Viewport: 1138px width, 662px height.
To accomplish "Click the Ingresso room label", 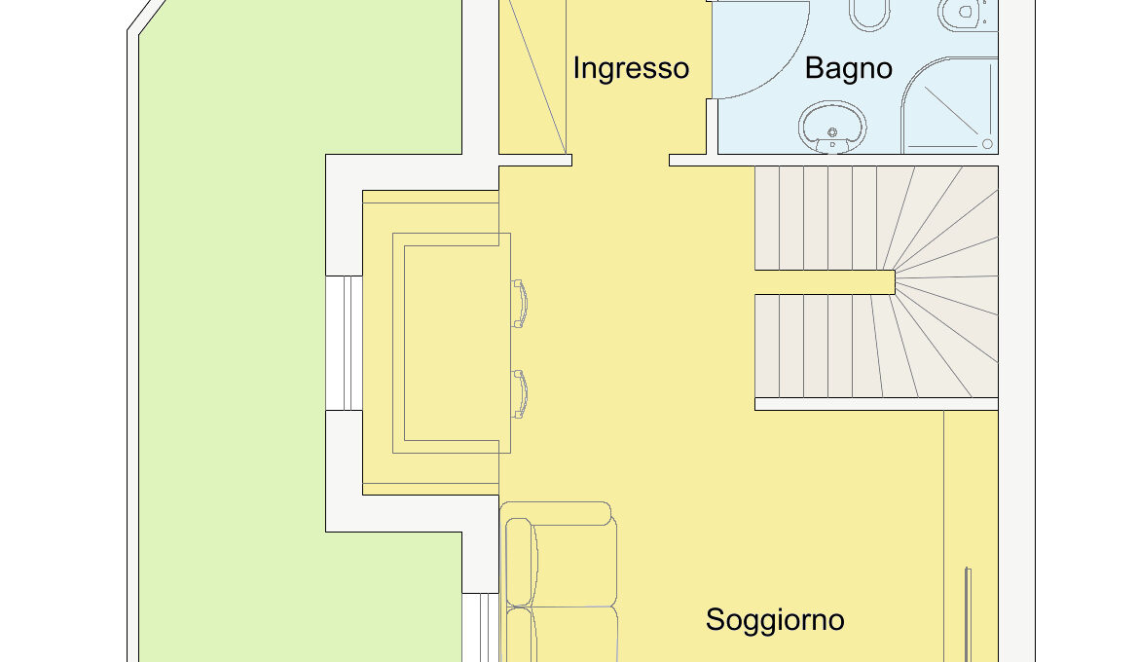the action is click(x=631, y=69).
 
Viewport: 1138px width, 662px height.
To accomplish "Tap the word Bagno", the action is click(x=849, y=69).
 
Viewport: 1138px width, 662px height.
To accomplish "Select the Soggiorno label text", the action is click(x=775, y=620).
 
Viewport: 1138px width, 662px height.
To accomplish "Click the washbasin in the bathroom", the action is click(x=832, y=127).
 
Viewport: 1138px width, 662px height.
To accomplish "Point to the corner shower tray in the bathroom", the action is click(x=949, y=106).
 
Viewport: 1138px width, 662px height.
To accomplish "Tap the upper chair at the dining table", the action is click(x=519, y=304).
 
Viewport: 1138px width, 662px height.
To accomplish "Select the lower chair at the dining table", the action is click(x=519, y=394).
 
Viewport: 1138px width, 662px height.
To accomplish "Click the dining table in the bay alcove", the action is click(x=452, y=344).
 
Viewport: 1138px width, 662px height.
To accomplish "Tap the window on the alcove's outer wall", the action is click(x=344, y=344).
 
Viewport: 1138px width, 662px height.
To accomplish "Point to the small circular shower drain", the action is click(x=987, y=144).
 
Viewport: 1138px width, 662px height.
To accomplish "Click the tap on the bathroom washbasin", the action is click(x=832, y=132).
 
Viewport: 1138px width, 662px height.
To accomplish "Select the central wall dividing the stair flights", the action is click(x=826, y=281).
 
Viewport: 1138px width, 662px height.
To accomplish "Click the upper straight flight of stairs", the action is click(x=816, y=218).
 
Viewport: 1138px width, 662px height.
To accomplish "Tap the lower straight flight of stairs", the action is click(x=816, y=346).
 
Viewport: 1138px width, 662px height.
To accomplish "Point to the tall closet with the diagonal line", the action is click(x=532, y=77).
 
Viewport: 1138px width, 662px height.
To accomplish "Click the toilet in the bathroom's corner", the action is click(x=968, y=14).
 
